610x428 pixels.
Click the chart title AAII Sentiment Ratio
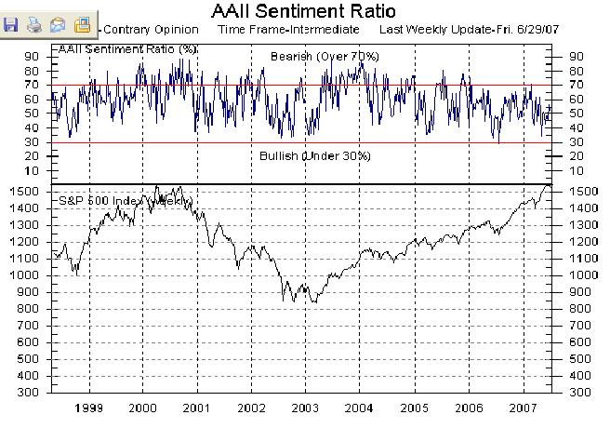(303, 11)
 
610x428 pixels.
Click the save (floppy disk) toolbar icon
(12, 25)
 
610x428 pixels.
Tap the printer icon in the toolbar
(34, 25)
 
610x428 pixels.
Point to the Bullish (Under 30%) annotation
(314, 155)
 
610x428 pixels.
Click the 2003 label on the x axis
(306, 408)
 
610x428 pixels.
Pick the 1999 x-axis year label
(88, 408)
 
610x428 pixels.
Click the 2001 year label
(197, 408)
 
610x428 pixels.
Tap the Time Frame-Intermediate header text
(288, 29)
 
